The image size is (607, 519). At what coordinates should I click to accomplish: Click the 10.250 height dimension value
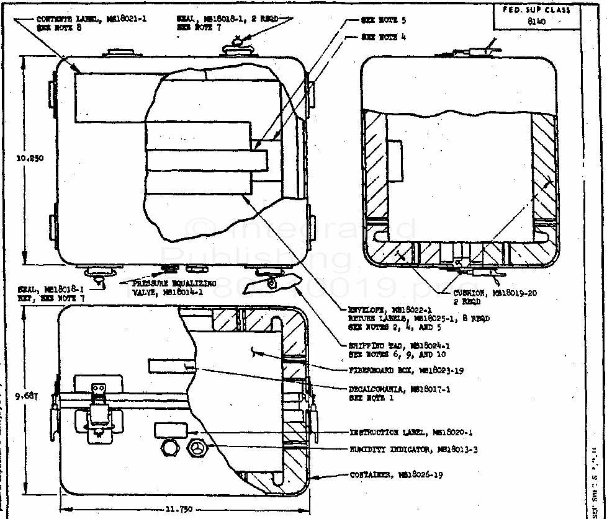(30, 158)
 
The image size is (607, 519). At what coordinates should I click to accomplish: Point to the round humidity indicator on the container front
(199, 448)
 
